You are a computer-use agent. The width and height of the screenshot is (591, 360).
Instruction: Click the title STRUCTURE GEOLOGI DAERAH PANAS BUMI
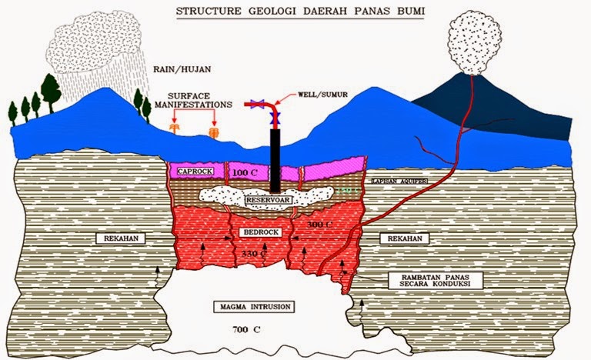tap(295, 12)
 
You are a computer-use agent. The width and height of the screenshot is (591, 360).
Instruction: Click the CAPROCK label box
tap(192, 171)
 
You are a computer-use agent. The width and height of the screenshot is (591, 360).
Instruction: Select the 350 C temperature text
tap(253, 252)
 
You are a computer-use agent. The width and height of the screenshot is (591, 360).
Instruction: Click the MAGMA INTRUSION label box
tap(254, 307)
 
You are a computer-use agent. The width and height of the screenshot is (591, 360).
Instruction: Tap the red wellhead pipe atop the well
tap(262, 106)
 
